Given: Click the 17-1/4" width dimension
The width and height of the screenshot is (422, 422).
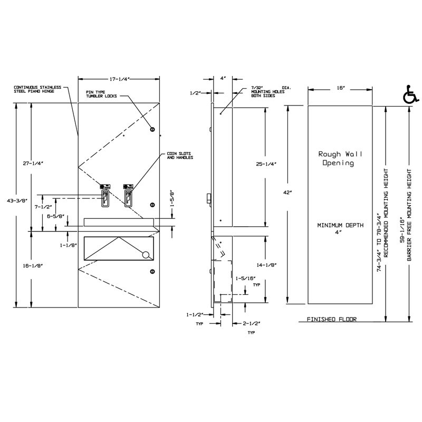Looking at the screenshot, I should tap(120, 79).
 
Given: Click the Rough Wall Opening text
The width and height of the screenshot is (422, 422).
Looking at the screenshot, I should tap(335, 158).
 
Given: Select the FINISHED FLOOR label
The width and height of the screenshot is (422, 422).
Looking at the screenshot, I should tap(332, 320).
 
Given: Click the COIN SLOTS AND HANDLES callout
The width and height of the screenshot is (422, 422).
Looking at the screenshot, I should tap(177, 156).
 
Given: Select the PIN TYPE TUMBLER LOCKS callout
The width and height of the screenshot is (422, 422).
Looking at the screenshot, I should tap(101, 93).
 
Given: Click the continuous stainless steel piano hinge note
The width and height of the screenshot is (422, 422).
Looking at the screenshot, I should tap(37, 89).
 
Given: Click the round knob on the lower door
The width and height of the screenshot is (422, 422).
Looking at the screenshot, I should tap(146, 255).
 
